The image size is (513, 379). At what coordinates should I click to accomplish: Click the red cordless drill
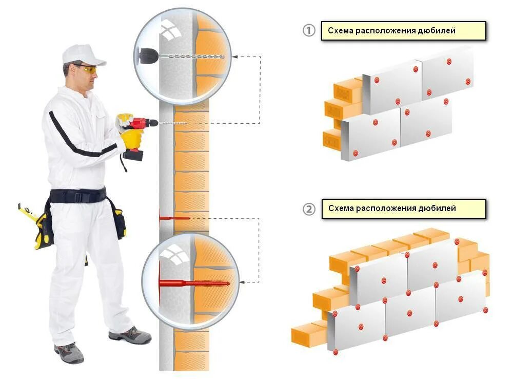pos(137,128)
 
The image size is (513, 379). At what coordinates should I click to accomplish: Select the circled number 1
pos(308,31)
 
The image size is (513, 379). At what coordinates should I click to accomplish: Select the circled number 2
pos(308,209)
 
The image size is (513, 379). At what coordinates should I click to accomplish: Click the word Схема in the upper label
pos(339,31)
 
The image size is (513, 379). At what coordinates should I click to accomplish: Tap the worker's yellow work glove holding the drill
pos(131,138)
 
